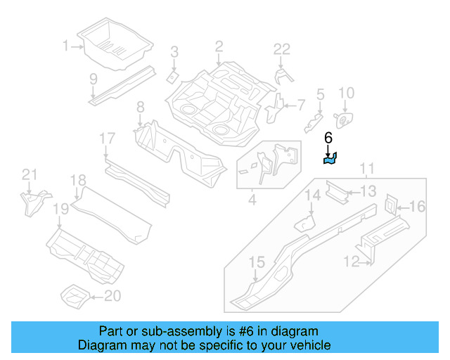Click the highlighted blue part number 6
(330, 160)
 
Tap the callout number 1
(66, 46)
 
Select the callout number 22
(281, 49)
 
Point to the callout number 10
(347, 93)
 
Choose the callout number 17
(106, 139)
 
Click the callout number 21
(28, 175)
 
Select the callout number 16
(418, 206)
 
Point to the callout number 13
(368, 191)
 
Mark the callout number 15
(257, 263)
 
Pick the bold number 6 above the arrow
(328, 139)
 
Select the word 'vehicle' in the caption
(311, 345)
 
